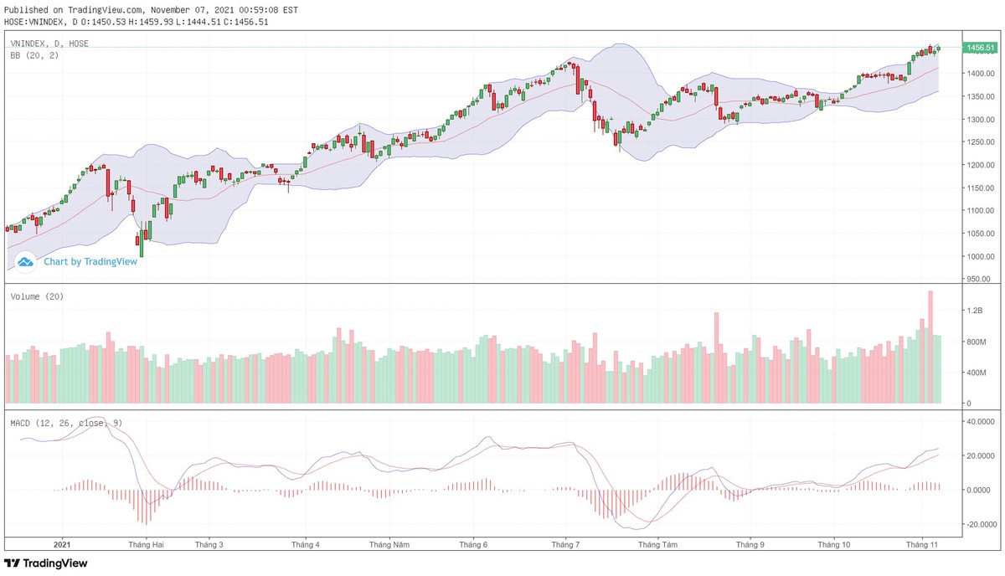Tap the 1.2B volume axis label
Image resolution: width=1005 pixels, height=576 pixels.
973,311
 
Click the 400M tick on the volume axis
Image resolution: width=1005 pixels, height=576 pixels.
974,373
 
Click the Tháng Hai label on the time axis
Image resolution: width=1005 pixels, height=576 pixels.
146,544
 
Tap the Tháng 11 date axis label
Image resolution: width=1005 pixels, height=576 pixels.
921,544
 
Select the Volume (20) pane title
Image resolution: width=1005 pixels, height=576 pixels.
37,296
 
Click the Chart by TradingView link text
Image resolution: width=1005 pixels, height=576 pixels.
90,261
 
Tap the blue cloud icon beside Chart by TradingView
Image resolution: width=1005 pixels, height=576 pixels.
25,261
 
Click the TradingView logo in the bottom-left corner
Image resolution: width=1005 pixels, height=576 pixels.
46,563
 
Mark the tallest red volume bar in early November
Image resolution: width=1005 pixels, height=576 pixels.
930,347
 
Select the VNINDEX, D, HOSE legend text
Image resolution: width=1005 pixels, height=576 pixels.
49,44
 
